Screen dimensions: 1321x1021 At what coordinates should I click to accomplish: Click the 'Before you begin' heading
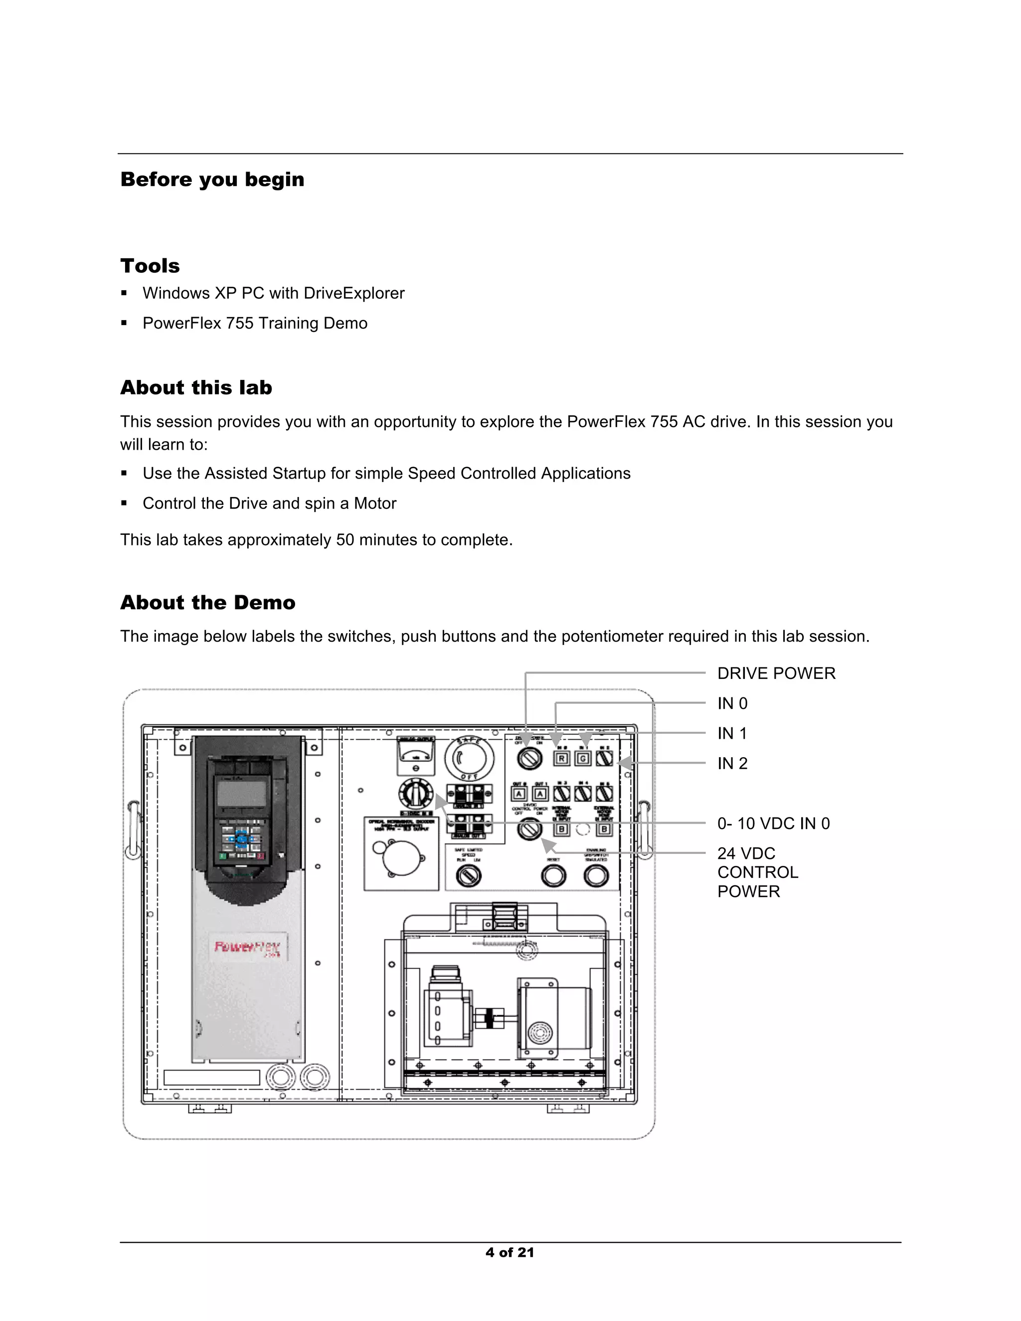tap(212, 179)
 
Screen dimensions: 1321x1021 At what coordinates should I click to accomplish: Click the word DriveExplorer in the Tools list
tap(354, 293)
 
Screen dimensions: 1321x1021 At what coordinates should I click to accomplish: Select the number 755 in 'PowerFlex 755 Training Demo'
tap(239, 324)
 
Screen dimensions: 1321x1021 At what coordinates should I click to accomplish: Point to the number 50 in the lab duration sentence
tap(345, 540)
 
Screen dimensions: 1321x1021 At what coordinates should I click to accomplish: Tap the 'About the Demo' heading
tap(207, 603)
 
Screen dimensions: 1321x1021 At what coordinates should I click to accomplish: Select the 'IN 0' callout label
tap(732, 704)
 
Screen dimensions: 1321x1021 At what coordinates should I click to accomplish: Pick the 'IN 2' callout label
tap(732, 764)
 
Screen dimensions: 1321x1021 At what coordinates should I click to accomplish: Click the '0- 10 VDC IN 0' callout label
tap(773, 824)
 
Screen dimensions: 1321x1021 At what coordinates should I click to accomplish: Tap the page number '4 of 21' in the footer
tap(510, 1253)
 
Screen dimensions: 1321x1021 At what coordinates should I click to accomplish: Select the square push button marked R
tap(561, 759)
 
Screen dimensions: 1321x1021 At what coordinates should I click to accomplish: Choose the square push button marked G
tap(583, 759)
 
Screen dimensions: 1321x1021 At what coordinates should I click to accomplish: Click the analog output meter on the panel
tap(416, 755)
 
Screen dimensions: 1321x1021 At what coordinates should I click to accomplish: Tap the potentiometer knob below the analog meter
tap(416, 793)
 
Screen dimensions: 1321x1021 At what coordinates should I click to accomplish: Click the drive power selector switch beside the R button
tap(530, 759)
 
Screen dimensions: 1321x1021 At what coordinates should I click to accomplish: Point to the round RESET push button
tap(553, 876)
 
